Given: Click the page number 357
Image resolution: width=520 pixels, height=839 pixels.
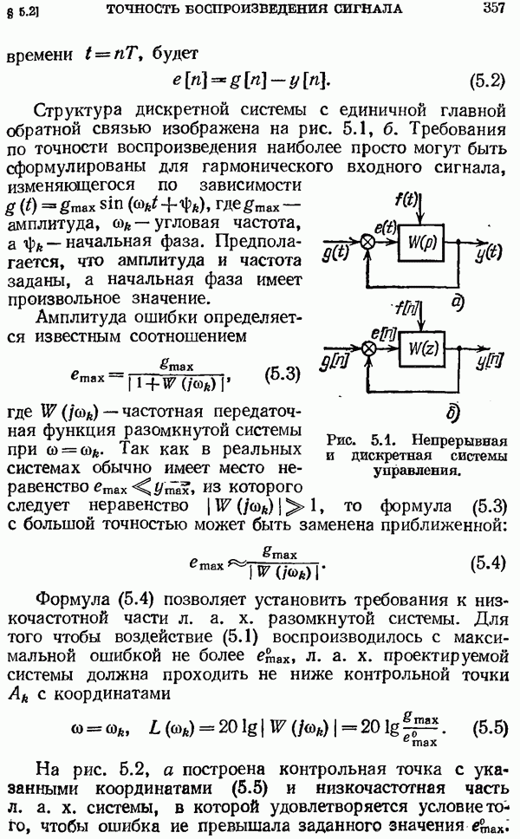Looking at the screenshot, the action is point(492,9).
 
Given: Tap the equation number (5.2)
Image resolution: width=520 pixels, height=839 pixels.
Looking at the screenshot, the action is point(487,81).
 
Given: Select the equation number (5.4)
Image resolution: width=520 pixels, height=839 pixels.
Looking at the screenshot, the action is point(487,563).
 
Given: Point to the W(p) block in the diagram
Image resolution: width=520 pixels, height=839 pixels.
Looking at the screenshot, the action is point(421,243).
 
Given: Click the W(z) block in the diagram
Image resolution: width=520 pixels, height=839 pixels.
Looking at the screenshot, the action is point(421,348).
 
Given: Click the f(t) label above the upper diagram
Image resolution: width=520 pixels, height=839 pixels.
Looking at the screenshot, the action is point(406,200).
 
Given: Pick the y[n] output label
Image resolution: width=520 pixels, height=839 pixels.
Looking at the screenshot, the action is point(489,361).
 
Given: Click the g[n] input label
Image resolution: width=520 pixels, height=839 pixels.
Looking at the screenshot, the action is point(335,362).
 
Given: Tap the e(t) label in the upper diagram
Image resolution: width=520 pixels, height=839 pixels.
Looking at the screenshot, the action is point(385,228).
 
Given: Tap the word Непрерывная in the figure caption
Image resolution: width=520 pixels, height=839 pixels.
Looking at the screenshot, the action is point(459,440).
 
